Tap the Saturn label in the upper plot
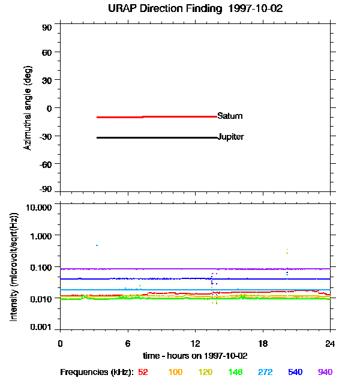click(x=230, y=116)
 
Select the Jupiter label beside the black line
click(x=231, y=137)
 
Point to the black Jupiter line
click(x=156, y=137)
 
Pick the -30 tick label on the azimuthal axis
click(x=46, y=136)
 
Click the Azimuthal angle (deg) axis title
click(x=27, y=108)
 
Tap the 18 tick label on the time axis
click(x=262, y=343)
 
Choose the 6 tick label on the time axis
click(x=128, y=343)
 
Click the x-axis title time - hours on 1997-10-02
click(x=196, y=355)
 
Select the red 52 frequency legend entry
click(x=143, y=372)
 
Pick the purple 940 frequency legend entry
click(x=325, y=372)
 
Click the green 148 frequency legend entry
click(x=236, y=372)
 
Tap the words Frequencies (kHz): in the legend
click(x=96, y=372)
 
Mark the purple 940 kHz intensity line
click(x=180, y=269)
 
